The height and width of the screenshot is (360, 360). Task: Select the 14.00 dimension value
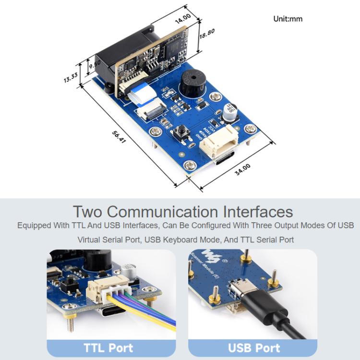tap(183, 16)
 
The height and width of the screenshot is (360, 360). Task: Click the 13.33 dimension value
tap(70, 77)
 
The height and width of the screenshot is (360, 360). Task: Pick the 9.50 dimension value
tap(94, 63)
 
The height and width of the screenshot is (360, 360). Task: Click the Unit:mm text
tap(288, 19)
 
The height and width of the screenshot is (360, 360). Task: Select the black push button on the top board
tap(183, 131)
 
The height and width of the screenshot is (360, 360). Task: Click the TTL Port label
tap(108, 348)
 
